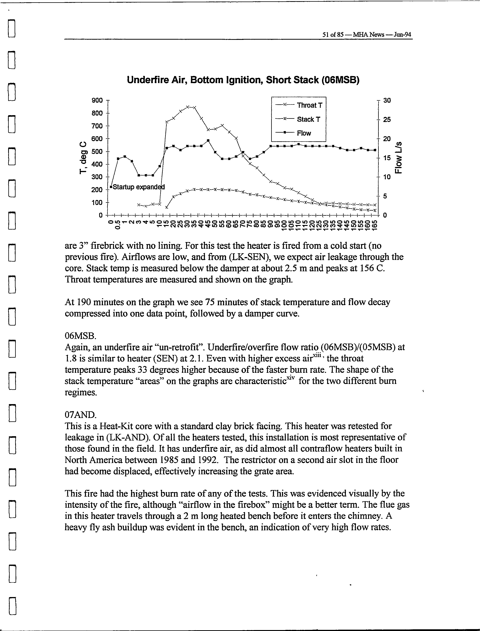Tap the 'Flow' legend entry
(304, 133)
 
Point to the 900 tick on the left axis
(97, 100)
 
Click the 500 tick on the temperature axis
(97, 151)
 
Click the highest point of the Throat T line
(188, 107)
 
